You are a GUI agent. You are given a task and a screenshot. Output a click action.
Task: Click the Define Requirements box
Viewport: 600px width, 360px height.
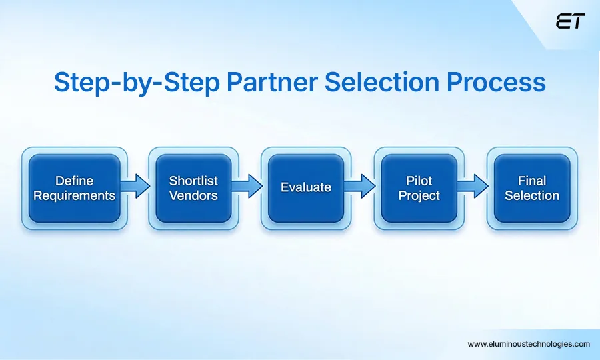(74, 188)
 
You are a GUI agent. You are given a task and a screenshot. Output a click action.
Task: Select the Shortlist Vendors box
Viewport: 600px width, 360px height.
(193, 188)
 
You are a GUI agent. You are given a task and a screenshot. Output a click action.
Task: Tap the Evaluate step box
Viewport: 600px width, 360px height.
(306, 188)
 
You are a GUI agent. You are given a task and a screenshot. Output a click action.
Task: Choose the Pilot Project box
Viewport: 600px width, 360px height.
(419, 188)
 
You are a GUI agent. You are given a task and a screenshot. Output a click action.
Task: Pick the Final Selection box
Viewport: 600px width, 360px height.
(532, 188)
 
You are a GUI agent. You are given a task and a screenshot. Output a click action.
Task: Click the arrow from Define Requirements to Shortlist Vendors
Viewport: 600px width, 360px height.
(136, 187)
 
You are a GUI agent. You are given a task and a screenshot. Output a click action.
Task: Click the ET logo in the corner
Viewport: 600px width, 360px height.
(569, 21)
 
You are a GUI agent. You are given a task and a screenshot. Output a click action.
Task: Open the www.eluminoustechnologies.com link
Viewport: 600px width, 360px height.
(529, 344)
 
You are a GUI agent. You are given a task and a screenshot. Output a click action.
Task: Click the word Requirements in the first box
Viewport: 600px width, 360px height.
(74, 196)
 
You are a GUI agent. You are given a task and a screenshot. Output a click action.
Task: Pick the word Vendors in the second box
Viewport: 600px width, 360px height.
(193, 196)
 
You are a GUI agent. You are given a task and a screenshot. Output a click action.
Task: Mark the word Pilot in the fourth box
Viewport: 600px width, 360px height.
(419, 181)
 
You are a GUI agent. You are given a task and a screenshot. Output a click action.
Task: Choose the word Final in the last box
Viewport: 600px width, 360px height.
(532, 181)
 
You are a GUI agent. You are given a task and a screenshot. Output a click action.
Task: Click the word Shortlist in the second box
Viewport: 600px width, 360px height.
(193, 181)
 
